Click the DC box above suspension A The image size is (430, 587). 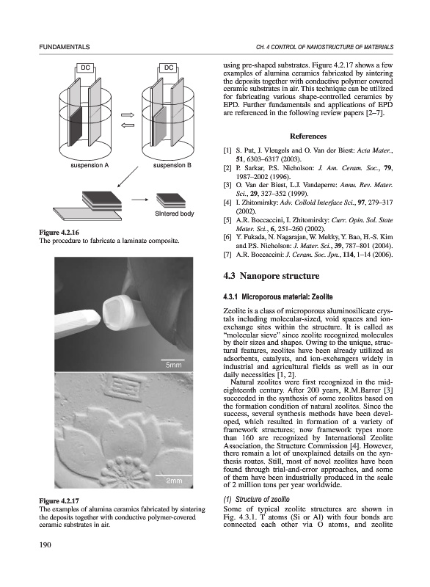(x=85, y=68)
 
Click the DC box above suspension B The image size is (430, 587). (x=169, y=68)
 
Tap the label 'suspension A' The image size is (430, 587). (x=90, y=165)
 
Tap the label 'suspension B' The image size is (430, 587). (x=172, y=165)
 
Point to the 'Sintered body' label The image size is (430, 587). (x=175, y=214)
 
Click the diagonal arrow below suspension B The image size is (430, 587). (x=128, y=177)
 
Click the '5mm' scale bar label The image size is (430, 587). (x=173, y=365)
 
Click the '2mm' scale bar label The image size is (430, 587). (x=174, y=481)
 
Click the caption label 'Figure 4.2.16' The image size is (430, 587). (x=59, y=233)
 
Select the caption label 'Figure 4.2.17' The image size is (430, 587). (x=59, y=501)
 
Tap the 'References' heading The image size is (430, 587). (x=308, y=136)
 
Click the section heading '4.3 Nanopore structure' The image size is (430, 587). (x=272, y=276)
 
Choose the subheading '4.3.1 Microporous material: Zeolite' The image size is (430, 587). (x=277, y=297)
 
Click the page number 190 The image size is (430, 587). (x=45, y=544)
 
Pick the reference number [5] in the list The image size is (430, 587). (x=227, y=219)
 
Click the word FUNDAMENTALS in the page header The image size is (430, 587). (x=65, y=47)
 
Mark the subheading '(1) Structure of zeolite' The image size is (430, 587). (x=256, y=499)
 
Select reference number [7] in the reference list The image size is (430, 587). (x=227, y=255)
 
